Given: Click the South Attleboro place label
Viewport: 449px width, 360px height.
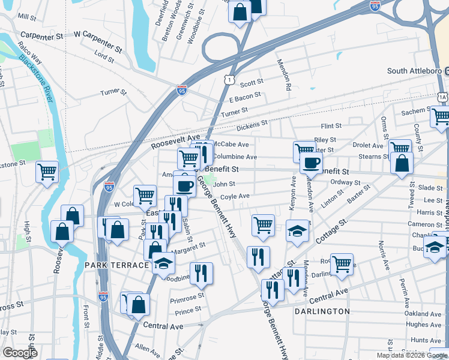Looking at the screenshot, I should click(414, 71).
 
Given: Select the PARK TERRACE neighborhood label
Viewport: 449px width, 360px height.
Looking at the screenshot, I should click(116, 265).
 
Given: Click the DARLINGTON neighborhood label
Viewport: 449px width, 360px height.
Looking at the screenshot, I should click(322, 311).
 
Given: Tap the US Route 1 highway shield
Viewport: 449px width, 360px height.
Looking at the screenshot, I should click(229, 79).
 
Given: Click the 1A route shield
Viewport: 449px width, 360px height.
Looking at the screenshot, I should click(442, 96).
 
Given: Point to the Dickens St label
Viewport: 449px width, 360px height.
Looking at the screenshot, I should click(252, 124).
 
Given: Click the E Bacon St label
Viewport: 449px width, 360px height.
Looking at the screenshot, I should click(246, 97).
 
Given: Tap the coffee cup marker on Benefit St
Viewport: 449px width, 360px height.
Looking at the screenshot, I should click(311, 163).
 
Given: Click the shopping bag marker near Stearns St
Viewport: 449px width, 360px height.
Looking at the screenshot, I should click(401, 163).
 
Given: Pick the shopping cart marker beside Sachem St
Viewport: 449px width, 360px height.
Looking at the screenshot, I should click(441, 115).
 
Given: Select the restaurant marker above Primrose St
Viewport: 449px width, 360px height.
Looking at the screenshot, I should click(201, 273).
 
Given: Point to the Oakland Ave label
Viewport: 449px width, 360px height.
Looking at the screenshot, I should click(423, 313).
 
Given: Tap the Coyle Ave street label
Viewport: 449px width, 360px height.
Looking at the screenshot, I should click(235, 196).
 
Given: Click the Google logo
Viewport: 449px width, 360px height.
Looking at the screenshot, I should click(20, 353).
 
